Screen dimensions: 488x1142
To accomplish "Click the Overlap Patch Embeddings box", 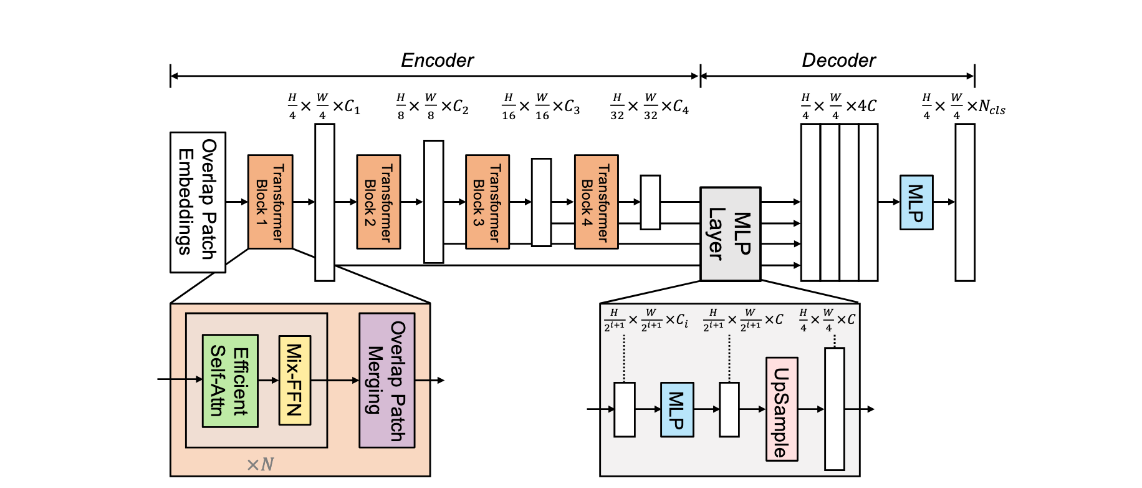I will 198,202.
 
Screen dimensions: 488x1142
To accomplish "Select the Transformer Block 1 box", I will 270,202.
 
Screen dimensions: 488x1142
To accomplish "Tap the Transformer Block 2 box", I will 378,202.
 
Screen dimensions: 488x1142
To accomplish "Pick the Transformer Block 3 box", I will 487,202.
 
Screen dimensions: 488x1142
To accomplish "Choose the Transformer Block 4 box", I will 596,202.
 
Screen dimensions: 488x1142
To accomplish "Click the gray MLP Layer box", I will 730,234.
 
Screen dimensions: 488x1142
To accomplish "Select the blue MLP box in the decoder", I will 916,202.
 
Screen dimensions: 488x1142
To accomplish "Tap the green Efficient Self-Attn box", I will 230,381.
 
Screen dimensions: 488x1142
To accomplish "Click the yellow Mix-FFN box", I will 294,380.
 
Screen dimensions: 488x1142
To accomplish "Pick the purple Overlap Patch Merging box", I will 386,380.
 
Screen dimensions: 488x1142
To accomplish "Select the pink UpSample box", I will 781,409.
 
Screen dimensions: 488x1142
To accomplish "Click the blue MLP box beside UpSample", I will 677,409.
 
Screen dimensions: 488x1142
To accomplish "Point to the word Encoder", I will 437,61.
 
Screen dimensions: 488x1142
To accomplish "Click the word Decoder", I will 838,61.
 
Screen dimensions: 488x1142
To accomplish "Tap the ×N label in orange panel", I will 260,464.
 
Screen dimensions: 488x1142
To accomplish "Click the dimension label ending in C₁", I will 324,107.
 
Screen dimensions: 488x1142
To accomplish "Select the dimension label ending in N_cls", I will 963,107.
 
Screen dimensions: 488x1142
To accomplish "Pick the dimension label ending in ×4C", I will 838,107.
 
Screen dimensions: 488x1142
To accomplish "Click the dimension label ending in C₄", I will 650,107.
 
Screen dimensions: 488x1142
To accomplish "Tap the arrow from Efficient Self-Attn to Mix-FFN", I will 269,380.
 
